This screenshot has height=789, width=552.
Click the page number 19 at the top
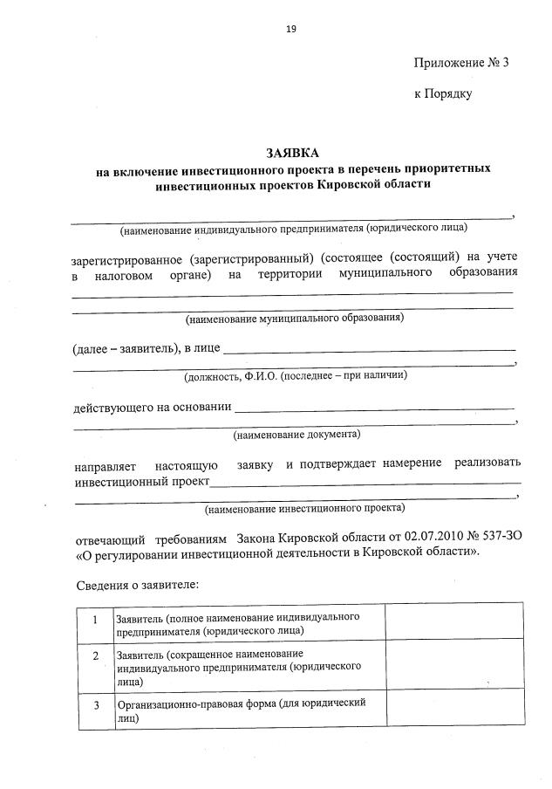click(291, 29)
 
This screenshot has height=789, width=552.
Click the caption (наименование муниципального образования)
click(294, 319)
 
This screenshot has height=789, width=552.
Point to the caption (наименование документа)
click(296, 434)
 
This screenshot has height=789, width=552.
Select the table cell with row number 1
click(93, 622)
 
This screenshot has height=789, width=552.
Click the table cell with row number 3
click(93, 708)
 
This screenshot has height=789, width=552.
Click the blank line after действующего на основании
click(375, 408)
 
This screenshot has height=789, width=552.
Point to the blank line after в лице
click(369, 350)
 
